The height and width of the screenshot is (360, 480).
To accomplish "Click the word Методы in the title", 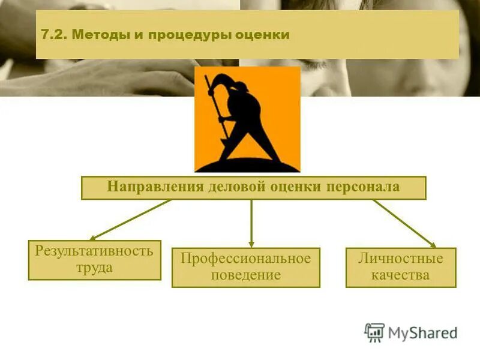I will tap(98, 35).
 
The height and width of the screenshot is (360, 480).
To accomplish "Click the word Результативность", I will tap(94, 251).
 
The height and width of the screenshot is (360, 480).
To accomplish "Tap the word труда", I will tap(94, 268).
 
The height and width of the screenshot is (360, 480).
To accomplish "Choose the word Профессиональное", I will tap(245, 259).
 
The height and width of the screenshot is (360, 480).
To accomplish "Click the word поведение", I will tap(245, 275).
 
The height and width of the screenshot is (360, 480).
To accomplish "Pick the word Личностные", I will tap(400, 259).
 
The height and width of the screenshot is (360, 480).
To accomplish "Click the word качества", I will tap(400, 275).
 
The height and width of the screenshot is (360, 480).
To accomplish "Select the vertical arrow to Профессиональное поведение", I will tap(251, 223).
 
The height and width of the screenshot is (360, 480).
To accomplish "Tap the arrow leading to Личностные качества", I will tap(404, 223).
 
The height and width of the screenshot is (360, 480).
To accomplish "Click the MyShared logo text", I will tap(422, 332).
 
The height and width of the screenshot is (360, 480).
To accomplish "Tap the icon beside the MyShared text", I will tap(374, 332).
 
